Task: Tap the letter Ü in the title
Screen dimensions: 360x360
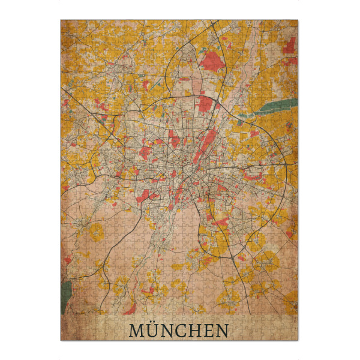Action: (x=151, y=331)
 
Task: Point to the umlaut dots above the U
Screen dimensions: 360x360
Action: (x=151, y=325)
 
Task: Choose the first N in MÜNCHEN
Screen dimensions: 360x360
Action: (x=167, y=331)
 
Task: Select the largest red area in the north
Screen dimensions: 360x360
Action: (x=212, y=61)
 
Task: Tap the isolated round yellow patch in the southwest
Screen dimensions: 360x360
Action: (x=96, y=231)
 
